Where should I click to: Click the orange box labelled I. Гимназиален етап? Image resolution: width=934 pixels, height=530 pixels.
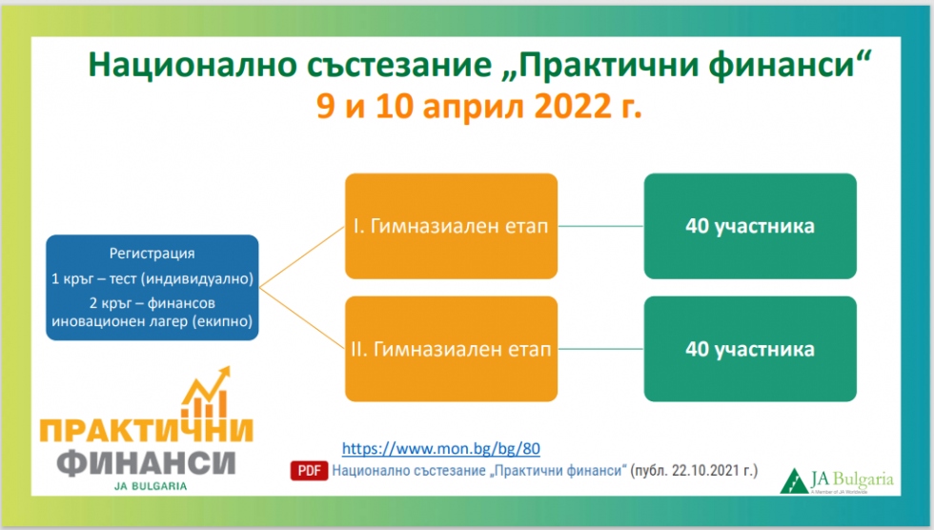(x=452, y=226)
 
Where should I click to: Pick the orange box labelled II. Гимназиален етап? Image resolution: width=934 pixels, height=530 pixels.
(x=452, y=349)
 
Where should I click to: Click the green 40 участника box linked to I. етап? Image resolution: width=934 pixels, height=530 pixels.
(x=750, y=226)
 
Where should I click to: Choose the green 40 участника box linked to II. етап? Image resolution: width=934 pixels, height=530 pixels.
(x=750, y=349)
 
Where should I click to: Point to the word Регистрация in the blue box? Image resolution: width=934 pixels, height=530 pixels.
(x=152, y=254)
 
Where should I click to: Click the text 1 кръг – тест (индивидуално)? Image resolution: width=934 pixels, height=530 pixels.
(x=152, y=278)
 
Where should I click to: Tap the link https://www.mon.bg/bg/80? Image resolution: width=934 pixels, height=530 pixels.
(x=440, y=448)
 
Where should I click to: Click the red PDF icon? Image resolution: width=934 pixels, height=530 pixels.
(x=309, y=471)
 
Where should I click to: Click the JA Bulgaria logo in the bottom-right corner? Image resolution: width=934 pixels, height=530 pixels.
(x=837, y=481)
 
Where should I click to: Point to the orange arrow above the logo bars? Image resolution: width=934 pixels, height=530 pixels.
(x=206, y=387)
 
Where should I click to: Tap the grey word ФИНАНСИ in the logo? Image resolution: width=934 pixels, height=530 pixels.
(x=147, y=462)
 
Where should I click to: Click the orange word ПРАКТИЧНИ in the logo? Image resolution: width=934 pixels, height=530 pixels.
(x=147, y=430)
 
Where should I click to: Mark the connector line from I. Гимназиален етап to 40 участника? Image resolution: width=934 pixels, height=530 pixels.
(x=601, y=226)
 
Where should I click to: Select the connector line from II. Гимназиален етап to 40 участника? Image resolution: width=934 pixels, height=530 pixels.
(x=601, y=349)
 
